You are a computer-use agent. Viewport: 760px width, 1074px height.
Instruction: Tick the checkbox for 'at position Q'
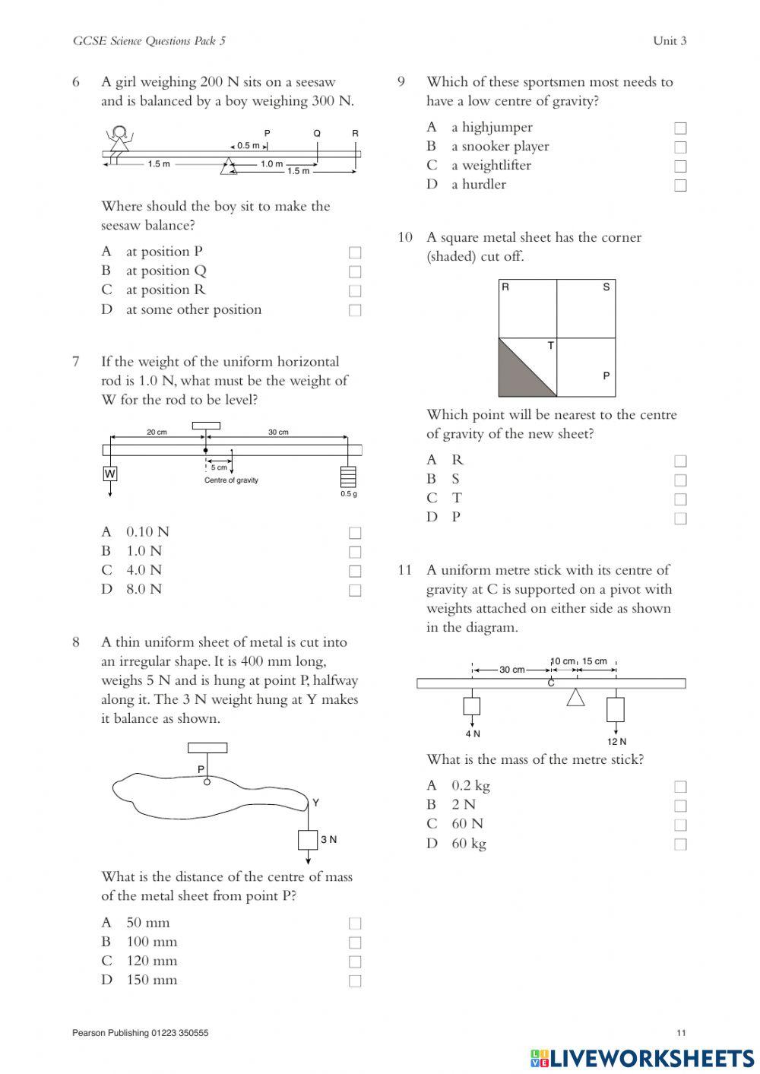[355, 271]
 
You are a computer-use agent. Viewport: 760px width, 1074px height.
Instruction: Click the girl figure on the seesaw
[118, 140]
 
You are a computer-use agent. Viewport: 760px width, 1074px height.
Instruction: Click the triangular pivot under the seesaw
[227, 166]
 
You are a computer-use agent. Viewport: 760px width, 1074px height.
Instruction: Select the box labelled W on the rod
[110, 474]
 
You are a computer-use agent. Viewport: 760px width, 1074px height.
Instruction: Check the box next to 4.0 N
[355, 571]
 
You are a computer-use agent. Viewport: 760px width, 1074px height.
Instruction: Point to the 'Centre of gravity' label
[231, 480]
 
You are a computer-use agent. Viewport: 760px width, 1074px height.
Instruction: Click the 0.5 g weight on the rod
[348, 476]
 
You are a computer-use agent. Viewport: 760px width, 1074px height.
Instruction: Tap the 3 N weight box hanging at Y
[308, 840]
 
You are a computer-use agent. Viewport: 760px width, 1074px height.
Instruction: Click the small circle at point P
[206, 781]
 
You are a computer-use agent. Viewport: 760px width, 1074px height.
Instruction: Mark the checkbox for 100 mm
[355, 943]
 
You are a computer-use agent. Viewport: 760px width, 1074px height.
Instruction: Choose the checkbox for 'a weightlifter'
[680, 166]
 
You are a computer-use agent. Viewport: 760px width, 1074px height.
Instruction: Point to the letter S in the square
[606, 287]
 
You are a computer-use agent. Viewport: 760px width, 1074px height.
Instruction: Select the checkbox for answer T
[680, 499]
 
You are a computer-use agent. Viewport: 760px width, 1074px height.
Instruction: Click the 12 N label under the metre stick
[616, 742]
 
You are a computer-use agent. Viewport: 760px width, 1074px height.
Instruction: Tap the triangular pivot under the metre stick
[576, 697]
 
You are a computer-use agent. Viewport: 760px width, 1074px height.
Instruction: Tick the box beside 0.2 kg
[680, 786]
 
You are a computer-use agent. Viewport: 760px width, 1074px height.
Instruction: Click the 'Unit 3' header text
[670, 41]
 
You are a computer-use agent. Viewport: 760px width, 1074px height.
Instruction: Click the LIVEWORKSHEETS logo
[642, 1057]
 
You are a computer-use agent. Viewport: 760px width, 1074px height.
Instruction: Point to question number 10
[405, 238]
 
